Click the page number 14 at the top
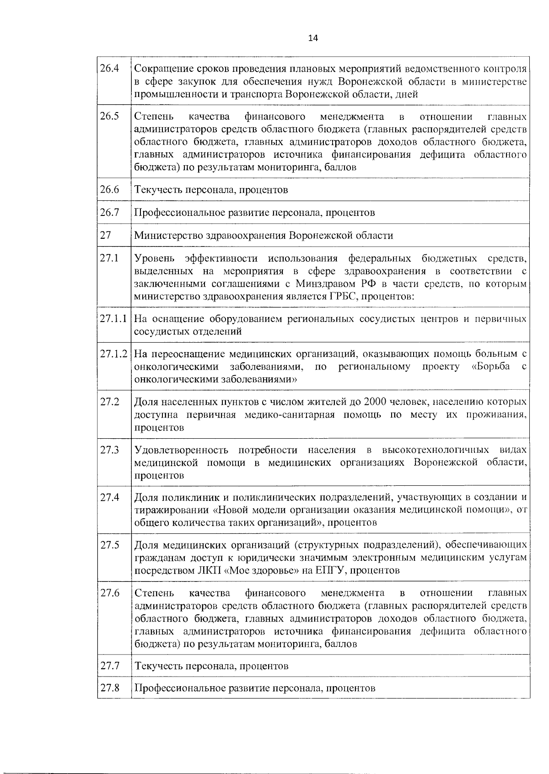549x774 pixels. point(313,38)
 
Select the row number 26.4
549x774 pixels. point(110,69)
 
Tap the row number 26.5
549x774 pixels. point(110,116)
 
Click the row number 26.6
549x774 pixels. point(110,189)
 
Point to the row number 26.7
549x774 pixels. point(110,212)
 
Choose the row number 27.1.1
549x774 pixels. point(113,318)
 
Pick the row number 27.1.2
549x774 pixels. point(113,354)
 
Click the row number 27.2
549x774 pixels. point(110,402)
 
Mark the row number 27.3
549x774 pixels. point(110,450)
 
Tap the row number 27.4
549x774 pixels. point(110,497)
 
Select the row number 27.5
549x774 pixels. point(110,545)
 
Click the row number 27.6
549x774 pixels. point(110,593)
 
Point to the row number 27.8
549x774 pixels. point(110,688)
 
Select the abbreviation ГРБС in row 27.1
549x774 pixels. point(341,296)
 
